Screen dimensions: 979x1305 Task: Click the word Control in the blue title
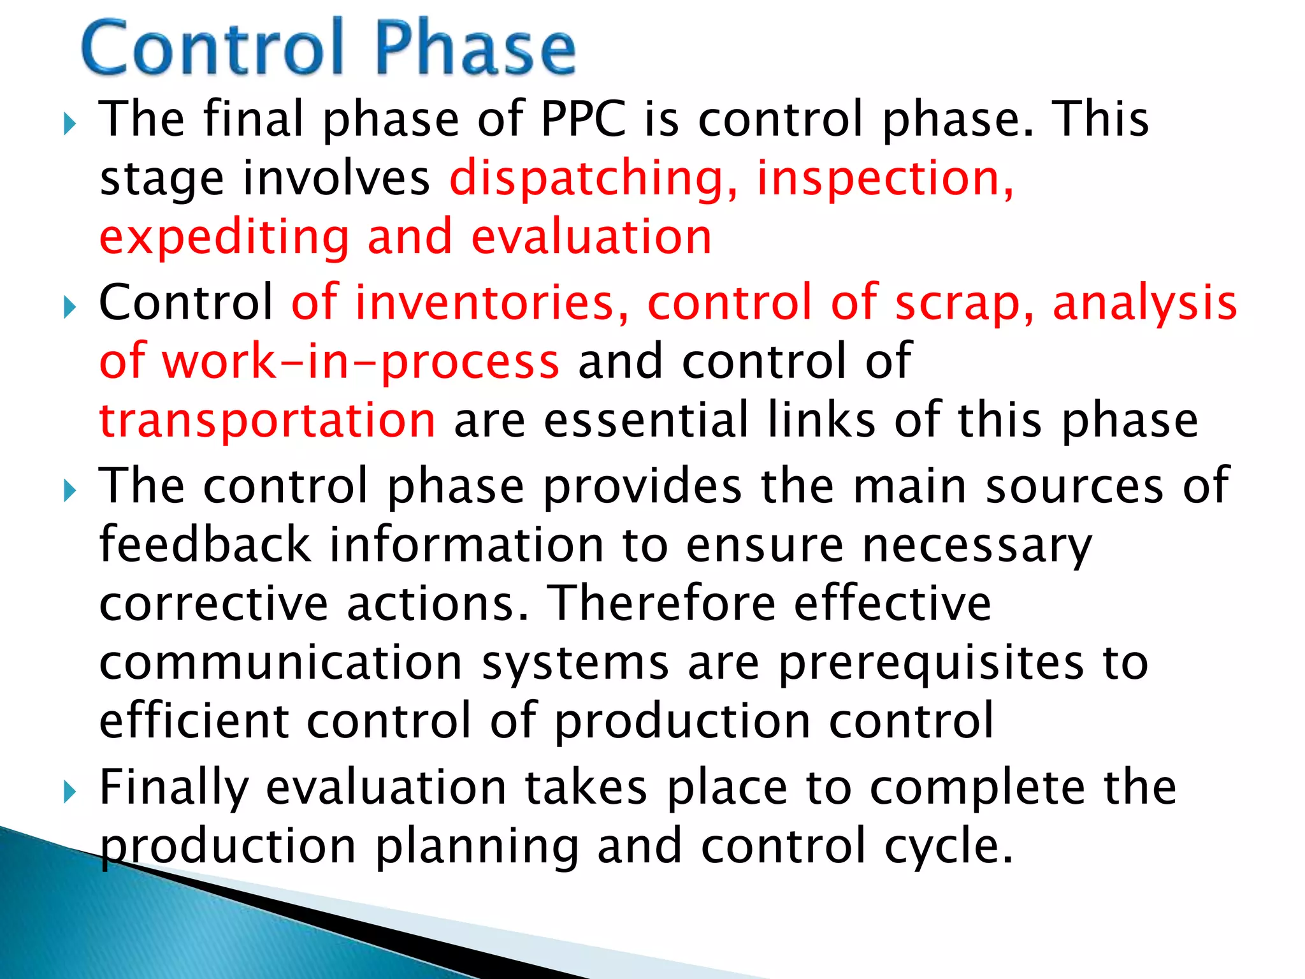click(x=213, y=48)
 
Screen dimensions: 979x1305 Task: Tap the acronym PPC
click(x=583, y=119)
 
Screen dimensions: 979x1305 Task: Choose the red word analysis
click(x=1144, y=302)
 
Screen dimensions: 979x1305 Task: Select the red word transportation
click(x=268, y=420)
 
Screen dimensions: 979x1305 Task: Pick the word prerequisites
click(x=931, y=663)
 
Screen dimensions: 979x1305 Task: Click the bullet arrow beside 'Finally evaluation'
click(x=70, y=792)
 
